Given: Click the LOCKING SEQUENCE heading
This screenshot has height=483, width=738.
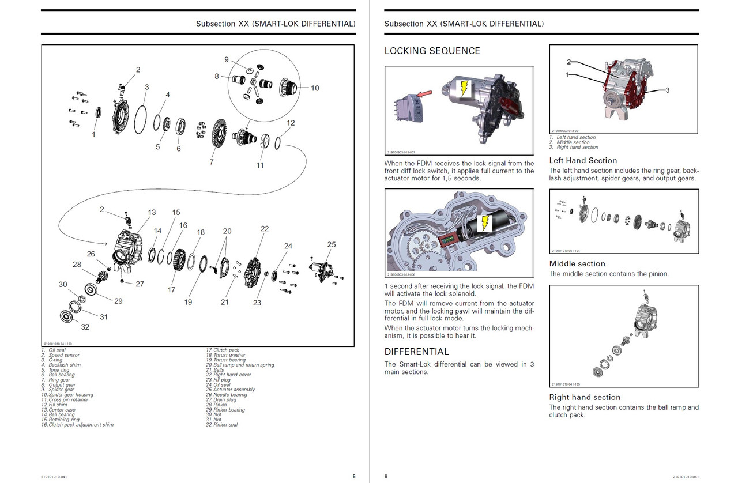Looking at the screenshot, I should pos(432,51).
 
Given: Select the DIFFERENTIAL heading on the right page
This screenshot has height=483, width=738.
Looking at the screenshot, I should pos(416,352).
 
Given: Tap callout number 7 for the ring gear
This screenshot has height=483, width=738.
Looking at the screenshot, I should pos(212,162).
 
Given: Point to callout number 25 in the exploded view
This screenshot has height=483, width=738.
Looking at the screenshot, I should pos(331,245).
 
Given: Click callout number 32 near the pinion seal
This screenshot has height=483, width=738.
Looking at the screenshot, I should pos(85,327).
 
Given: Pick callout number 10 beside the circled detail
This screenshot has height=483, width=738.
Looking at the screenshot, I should pos(315,88).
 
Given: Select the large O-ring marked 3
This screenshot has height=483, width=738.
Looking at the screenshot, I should pos(140,120).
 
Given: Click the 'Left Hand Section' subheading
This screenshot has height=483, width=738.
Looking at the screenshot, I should pos(583,161).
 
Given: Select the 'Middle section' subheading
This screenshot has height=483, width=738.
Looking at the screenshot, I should pos(577,264).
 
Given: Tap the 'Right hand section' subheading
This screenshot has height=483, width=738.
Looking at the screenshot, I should pos(585,397).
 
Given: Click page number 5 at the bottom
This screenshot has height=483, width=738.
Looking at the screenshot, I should pos(354,477).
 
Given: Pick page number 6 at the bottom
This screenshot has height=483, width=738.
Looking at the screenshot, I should pos(386,477).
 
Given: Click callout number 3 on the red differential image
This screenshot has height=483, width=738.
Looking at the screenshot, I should pos(667,90).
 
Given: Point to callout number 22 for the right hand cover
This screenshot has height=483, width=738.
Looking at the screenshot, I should pos(265,229).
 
